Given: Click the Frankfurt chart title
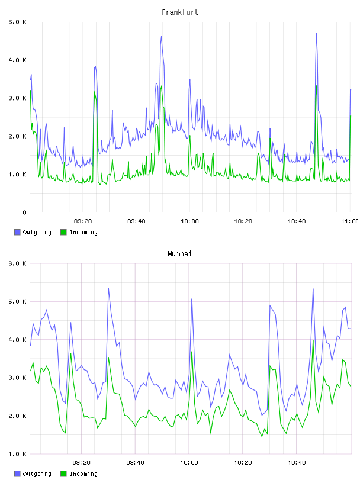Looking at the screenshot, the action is tap(180, 12).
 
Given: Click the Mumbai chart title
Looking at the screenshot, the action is tap(179, 253).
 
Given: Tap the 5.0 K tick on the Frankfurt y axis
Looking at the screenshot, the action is tap(17, 22).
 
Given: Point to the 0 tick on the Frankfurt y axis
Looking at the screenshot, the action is tap(24, 212).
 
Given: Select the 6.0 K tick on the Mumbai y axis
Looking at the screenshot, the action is tap(17, 263).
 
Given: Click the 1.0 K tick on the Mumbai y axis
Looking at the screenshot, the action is tap(17, 454).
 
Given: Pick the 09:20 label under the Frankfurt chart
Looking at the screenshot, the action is tap(83, 221).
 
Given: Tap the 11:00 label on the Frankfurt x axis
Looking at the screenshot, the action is tap(350, 221).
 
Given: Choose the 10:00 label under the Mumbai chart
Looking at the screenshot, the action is tap(189, 462).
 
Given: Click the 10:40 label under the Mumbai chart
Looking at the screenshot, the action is tap(297, 462).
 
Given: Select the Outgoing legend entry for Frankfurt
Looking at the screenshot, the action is tap(33, 232).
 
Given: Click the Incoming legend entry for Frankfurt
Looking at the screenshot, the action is tap(79, 232).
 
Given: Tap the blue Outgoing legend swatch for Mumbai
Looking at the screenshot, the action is tap(17, 474).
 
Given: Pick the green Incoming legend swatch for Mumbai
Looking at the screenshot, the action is tap(63, 474).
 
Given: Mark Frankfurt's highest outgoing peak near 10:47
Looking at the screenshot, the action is tap(316, 33).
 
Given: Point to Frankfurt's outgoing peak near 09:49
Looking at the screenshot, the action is tap(161, 36).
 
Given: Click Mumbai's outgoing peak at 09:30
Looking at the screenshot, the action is tap(108, 288).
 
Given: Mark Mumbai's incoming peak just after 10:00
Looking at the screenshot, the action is tap(192, 352).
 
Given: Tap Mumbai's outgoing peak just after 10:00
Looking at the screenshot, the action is tap(192, 298).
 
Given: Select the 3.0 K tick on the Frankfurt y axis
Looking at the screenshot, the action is tap(17, 98).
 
